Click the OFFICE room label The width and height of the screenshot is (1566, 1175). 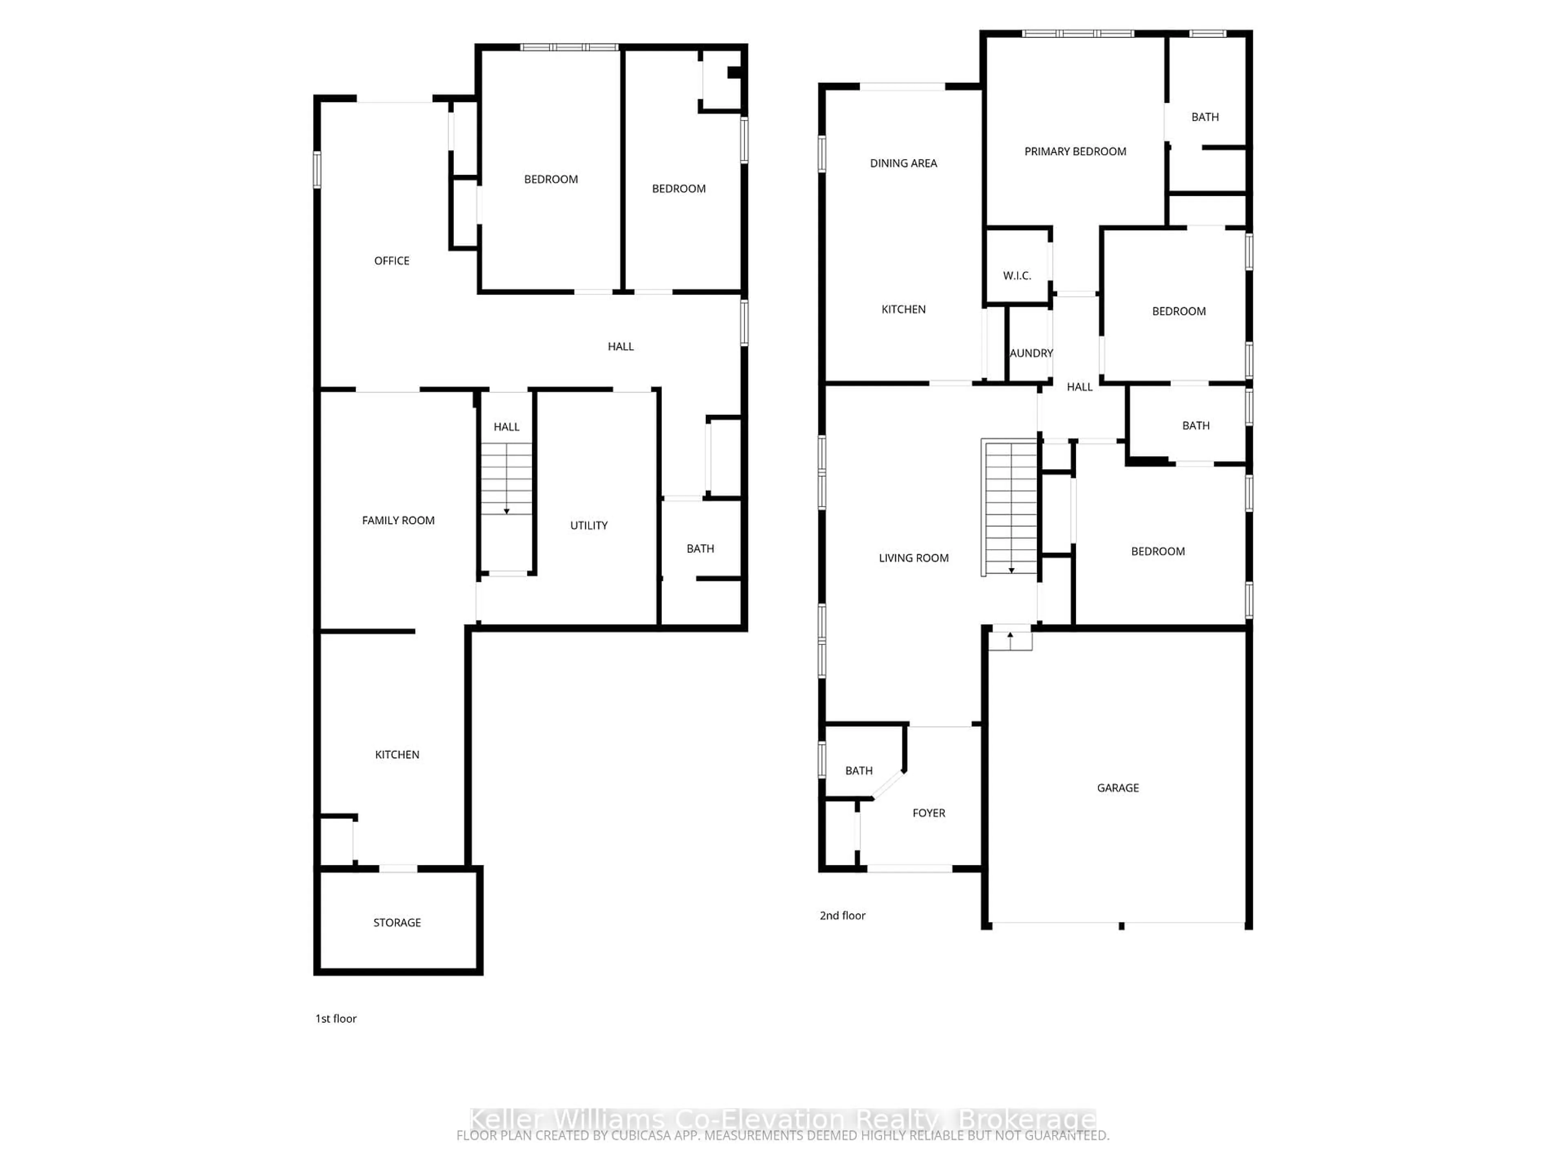tap(391, 261)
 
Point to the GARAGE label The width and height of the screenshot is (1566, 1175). tap(1117, 787)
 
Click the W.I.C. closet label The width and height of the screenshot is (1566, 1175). tap(1017, 275)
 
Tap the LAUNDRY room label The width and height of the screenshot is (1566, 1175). tap(1031, 353)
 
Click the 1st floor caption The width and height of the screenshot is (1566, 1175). tap(336, 1018)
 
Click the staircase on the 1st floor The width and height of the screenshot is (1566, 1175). tap(506, 479)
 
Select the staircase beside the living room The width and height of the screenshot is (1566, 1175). tap(1010, 506)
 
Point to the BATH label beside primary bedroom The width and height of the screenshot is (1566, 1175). tap(1204, 117)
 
